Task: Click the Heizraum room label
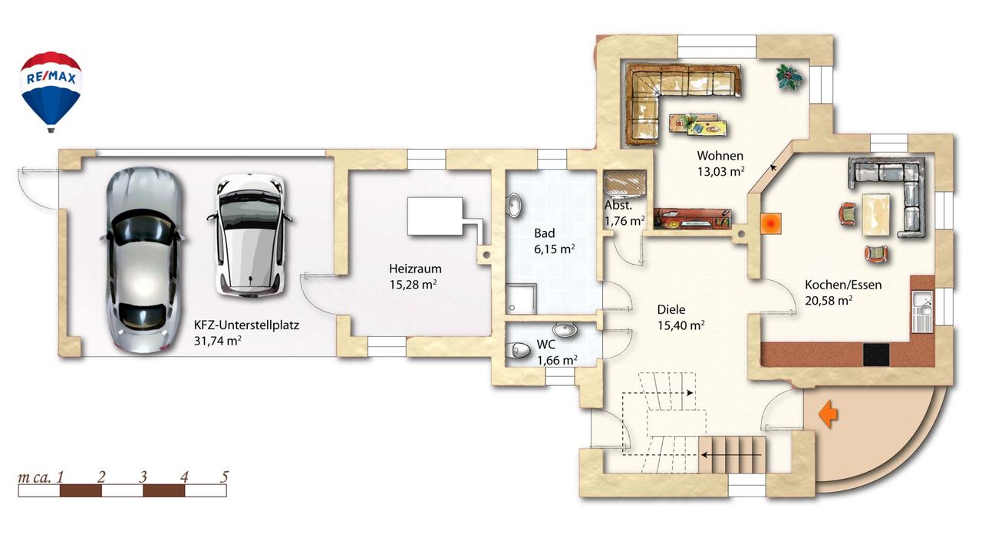(415, 269)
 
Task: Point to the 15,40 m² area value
(680, 325)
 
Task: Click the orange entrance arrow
(828, 414)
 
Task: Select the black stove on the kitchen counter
(876, 355)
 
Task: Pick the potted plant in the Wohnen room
(789, 78)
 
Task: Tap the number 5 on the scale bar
(225, 477)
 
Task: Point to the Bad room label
(544, 233)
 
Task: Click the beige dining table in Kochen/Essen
(876, 214)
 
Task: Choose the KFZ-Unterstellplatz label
(246, 325)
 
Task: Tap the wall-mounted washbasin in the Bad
(514, 205)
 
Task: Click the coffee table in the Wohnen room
(699, 124)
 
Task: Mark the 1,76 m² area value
(624, 221)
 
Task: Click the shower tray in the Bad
(521, 299)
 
